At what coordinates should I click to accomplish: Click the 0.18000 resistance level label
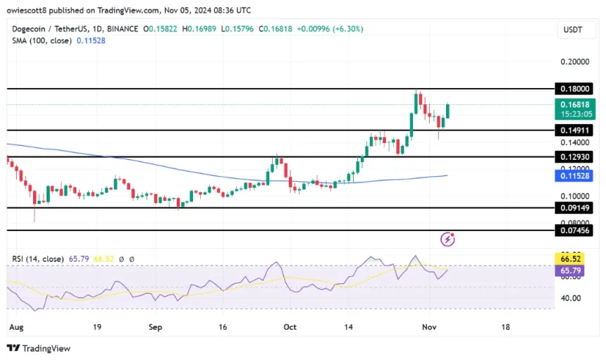pyautogui.click(x=574, y=89)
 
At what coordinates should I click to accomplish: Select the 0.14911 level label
pyautogui.click(x=574, y=131)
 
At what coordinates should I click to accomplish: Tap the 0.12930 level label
pyautogui.click(x=574, y=157)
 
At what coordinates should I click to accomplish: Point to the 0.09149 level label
pyautogui.click(x=574, y=209)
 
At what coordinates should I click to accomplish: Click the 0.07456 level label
pyautogui.click(x=574, y=230)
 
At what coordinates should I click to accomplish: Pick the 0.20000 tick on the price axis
pyautogui.click(x=574, y=62)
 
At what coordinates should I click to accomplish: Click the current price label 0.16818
pyautogui.click(x=574, y=104)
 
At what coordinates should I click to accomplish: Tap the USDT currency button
pyautogui.click(x=574, y=30)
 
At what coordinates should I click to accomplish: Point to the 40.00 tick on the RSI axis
pyautogui.click(x=571, y=298)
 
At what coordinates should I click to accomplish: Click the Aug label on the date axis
pyautogui.click(x=16, y=328)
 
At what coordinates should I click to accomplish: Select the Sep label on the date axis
pyautogui.click(x=156, y=328)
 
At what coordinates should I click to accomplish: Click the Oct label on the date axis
pyautogui.click(x=290, y=328)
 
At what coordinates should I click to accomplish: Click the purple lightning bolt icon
pyautogui.click(x=447, y=240)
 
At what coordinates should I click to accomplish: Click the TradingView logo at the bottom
pyautogui.click(x=39, y=348)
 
